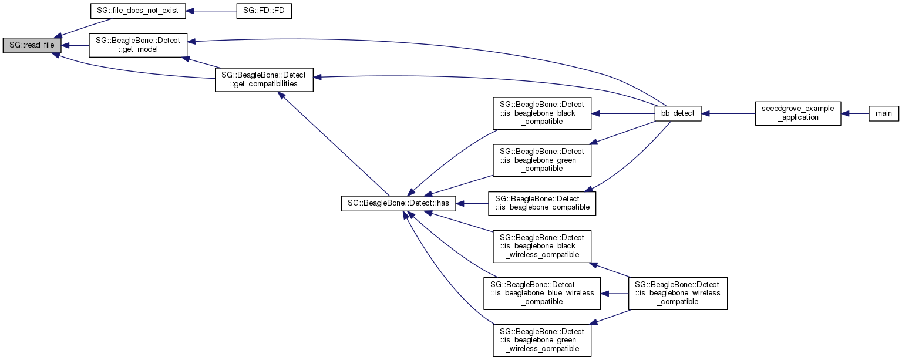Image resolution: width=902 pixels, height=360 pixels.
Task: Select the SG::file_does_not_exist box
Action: (137, 11)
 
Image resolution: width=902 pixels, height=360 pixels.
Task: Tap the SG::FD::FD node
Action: (264, 11)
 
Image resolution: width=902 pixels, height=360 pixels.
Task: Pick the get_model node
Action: (137, 45)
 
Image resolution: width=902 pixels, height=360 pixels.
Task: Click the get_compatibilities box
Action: (264, 79)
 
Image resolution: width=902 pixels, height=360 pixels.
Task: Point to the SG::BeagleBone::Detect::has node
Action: (398, 203)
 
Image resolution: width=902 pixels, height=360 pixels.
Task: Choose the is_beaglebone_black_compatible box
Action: (541, 113)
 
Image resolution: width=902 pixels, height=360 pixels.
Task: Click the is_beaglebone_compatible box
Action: (542, 203)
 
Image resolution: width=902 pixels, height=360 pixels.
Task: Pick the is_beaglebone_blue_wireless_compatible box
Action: (541, 293)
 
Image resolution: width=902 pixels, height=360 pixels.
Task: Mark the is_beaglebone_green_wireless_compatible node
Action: (541, 339)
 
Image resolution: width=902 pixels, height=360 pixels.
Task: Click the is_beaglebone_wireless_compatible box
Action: (678, 293)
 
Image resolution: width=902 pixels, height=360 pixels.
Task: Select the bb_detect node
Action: (678, 113)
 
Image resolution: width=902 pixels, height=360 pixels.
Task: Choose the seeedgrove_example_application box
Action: (798, 113)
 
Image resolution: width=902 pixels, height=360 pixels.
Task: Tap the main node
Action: (883, 113)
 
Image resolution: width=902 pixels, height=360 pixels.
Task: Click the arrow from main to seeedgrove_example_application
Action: (855, 113)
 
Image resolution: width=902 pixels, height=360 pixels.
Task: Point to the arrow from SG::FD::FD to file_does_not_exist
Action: (211, 11)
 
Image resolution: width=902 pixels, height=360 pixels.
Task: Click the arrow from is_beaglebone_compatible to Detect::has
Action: (472, 203)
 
